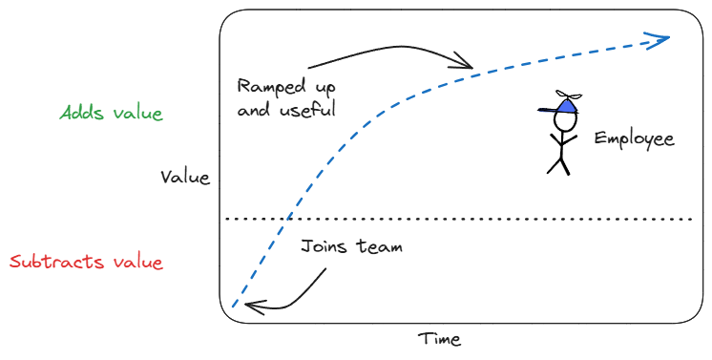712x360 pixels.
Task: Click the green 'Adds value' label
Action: pos(112,113)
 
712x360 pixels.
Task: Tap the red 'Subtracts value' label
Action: pos(86,262)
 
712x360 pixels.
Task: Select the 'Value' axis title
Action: pos(185,177)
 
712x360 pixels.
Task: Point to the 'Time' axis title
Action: pos(440,339)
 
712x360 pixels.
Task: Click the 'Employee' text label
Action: pos(635,138)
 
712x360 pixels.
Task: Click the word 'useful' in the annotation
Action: pos(307,109)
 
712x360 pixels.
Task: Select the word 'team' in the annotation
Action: pos(380,246)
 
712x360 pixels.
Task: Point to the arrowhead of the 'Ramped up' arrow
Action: pos(464,62)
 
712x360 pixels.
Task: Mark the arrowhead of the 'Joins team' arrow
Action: pos(253,307)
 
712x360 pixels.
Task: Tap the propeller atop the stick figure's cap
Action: pos(569,95)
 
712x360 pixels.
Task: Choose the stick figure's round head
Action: pos(565,121)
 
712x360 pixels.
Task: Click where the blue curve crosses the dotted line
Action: pos(287,219)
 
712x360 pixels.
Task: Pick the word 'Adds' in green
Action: pos(82,113)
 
